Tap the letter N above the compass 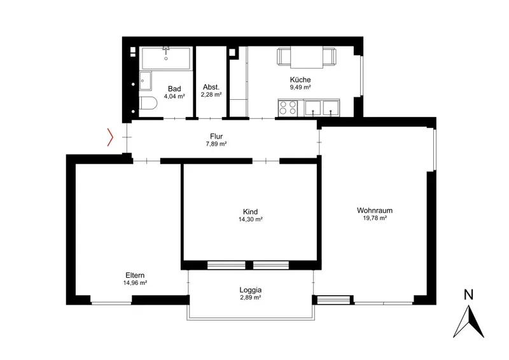(x=468, y=294)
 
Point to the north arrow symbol (x=468, y=321)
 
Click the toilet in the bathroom (x=148, y=103)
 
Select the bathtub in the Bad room (x=166, y=58)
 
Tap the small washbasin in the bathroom (x=146, y=81)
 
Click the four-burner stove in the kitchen (x=288, y=107)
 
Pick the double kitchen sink (x=322, y=107)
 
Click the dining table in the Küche (x=307, y=57)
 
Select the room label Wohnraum (x=375, y=211)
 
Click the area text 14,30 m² (x=250, y=219)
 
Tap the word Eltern (x=135, y=275)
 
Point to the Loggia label (x=251, y=290)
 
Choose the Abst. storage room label (x=211, y=87)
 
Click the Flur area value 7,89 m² (x=216, y=144)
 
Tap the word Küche (x=300, y=80)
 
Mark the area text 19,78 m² (x=375, y=218)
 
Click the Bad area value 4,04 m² (x=174, y=96)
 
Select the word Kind (x=250, y=212)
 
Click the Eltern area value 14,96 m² (x=135, y=283)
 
